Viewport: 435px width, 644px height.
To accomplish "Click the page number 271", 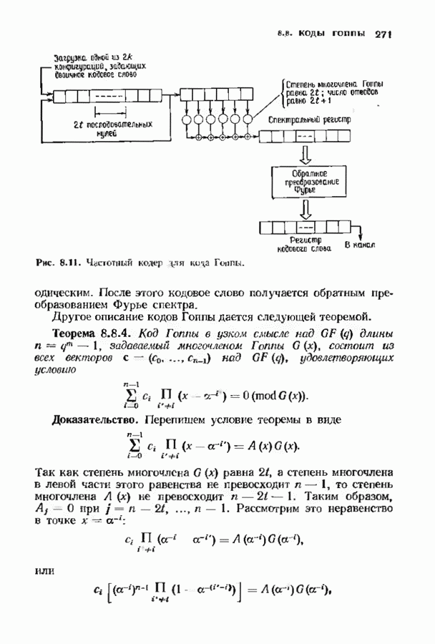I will pyautogui.click(x=384, y=34).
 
